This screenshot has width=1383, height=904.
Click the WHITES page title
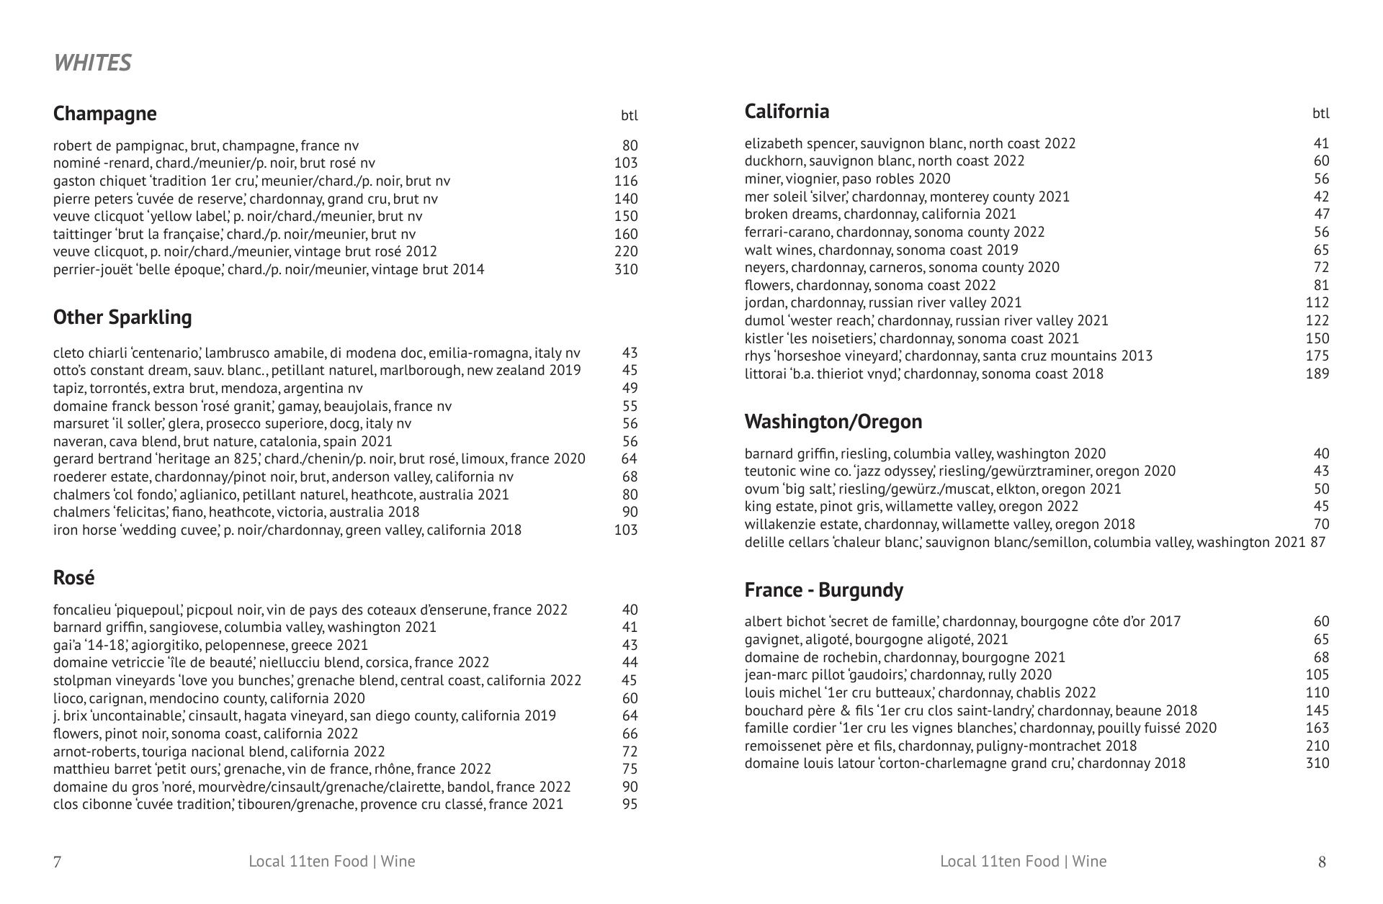(92, 63)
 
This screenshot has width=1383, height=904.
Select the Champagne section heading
(104, 114)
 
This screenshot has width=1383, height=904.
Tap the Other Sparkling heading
(122, 317)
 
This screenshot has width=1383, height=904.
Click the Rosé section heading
(73, 577)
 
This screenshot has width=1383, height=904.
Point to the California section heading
(787, 112)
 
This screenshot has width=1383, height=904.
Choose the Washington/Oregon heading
(833, 421)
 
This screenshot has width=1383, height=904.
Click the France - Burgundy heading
(823, 590)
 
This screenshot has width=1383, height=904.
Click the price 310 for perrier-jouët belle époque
(626, 269)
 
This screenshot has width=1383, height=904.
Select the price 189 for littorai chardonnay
(1317, 374)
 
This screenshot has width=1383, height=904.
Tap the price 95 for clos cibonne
(630, 804)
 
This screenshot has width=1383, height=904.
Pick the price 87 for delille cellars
(1317, 542)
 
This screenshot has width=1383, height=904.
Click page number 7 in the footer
(58, 862)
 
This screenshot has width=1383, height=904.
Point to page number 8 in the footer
(1322, 862)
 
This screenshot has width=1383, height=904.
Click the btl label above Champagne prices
(629, 115)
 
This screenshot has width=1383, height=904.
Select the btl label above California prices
(1320, 113)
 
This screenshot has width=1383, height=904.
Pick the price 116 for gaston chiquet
(626, 181)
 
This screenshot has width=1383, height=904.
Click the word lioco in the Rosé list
(68, 698)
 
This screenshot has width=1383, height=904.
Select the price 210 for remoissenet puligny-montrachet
(1317, 746)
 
